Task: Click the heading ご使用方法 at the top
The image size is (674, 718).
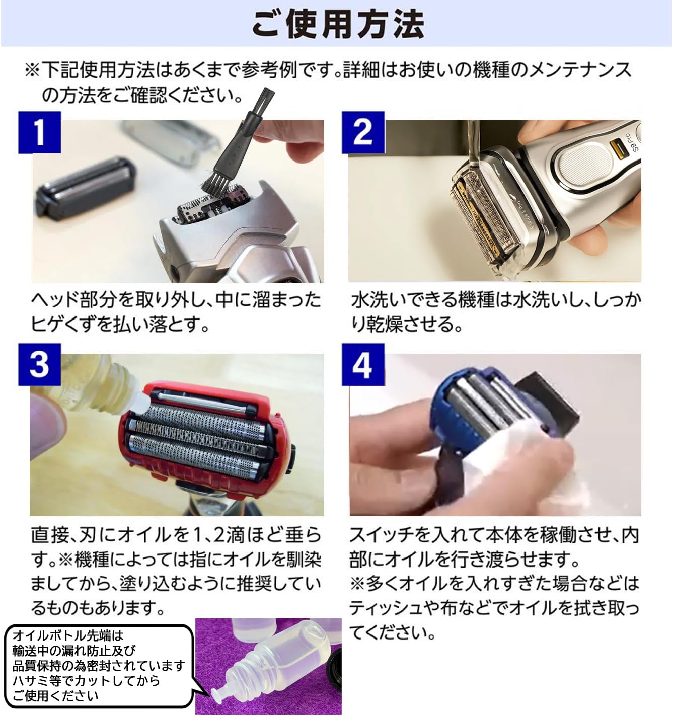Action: tap(337, 24)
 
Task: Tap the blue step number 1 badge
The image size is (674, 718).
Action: tap(39, 132)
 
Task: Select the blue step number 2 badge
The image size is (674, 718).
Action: tap(363, 132)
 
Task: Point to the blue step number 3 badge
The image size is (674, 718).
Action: tap(39, 365)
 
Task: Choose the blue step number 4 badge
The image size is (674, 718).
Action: tap(363, 365)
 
